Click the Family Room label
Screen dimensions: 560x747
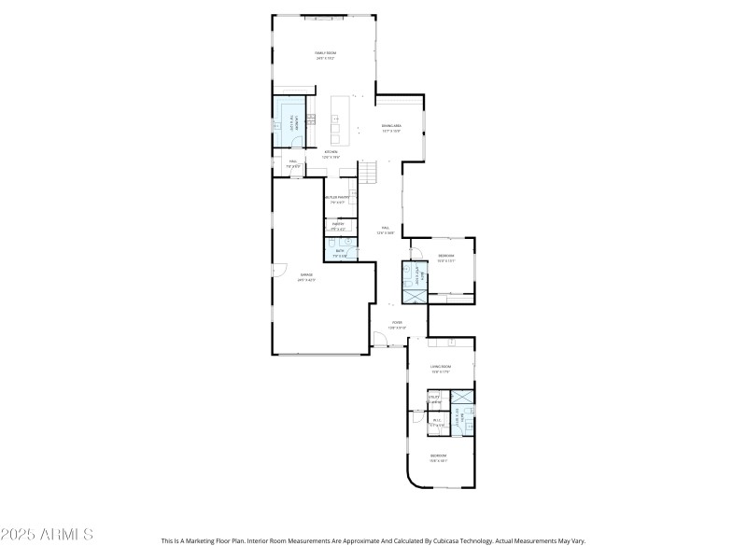(x=324, y=56)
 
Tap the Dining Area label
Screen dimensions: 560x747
(x=391, y=129)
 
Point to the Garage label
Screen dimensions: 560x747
(x=306, y=276)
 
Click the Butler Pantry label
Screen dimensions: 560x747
(x=337, y=199)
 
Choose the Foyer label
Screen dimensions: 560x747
(x=397, y=325)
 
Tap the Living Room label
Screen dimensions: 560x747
(x=440, y=370)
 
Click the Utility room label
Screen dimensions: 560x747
(x=434, y=399)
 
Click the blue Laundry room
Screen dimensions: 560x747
(x=289, y=121)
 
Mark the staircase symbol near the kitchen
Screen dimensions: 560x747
(x=372, y=172)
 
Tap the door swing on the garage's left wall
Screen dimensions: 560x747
(x=278, y=271)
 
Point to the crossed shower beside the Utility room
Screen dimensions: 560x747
(x=462, y=396)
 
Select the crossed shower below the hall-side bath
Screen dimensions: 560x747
(x=413, y=296)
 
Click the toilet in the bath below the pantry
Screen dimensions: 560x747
(x=346, y=242)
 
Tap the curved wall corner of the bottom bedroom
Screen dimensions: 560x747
(x=413, y=478)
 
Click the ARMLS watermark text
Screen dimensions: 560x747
(x=47, y=535)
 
